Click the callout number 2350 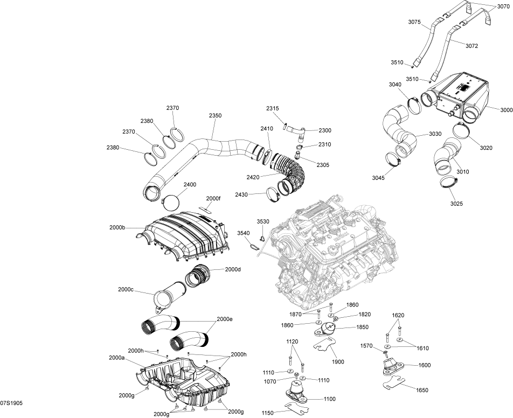[216, 115]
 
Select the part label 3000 [507, 110]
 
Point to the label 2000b [117, 227]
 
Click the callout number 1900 [338, 362]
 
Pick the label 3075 [414, 22]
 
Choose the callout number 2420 [253, 177]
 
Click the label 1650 [422, 390]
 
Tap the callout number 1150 [268, 413]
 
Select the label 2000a [116, 358]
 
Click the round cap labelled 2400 [171, 202]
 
